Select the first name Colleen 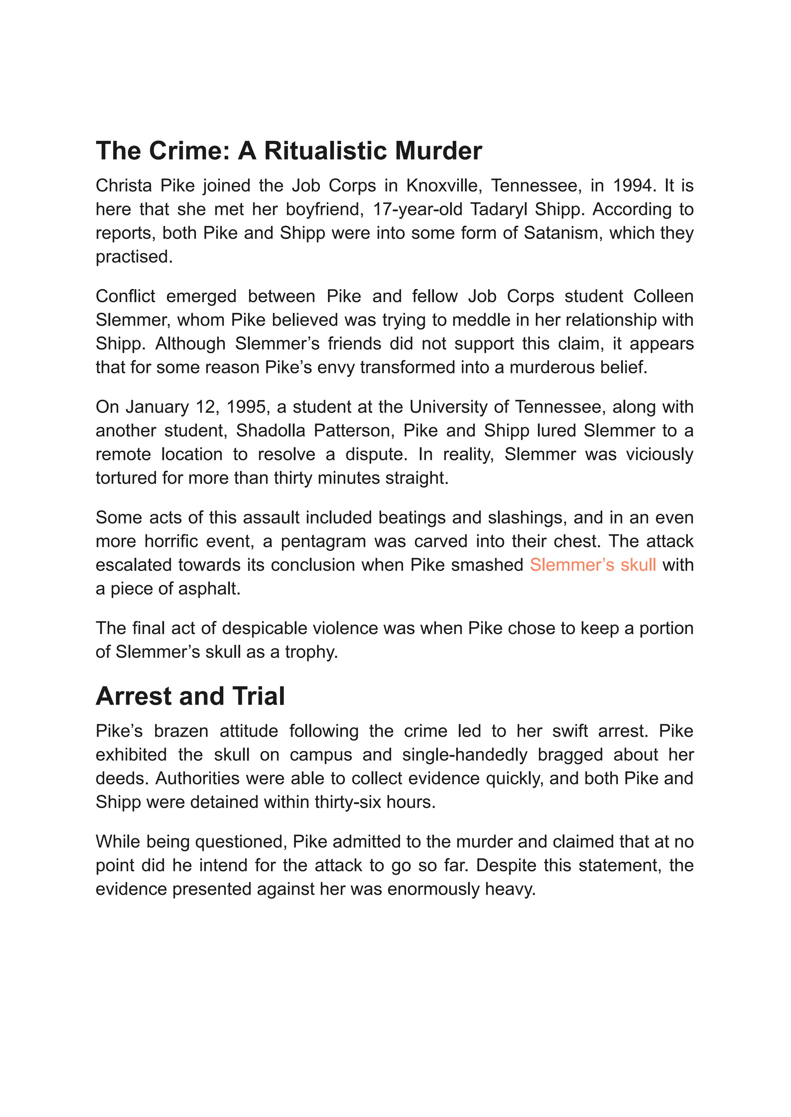[664, 296]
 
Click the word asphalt [207, 589]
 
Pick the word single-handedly [465, 755]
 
